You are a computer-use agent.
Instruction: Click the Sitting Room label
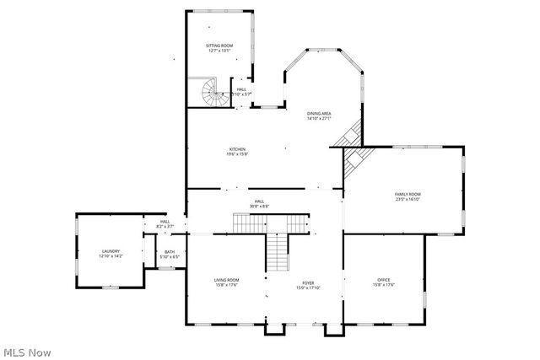tap(220, 46)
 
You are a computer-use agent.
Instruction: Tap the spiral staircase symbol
tap(211, 93)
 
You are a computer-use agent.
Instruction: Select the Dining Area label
tap(319, 114)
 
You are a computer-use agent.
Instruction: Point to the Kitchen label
tap(237, 149)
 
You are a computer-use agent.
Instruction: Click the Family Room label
tap(408, 195)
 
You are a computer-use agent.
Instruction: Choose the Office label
tap(384, 280)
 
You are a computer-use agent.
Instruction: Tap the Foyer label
tap(308, 282)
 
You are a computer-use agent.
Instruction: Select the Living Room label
tap(226, 280)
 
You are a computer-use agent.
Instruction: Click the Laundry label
tap(111, 250)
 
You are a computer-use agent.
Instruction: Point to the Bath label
tap(170, 252)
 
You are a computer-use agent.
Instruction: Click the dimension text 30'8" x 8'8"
tap(259, 207)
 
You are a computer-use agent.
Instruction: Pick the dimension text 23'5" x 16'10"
tap(408, 201)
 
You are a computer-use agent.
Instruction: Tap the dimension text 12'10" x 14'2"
tap(111, 256)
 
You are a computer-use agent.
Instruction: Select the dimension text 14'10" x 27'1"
tap(319, 119)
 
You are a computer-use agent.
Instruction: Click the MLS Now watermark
tap(27, 351)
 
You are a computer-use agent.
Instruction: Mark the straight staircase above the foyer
tap(278, 250)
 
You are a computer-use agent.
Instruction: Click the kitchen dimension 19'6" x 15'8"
tap(237, 154)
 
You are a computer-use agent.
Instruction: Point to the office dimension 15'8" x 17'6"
tap(384, 285)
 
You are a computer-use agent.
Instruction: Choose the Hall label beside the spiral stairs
tap(241, 89)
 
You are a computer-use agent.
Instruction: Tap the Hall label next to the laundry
tap(165, 222)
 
